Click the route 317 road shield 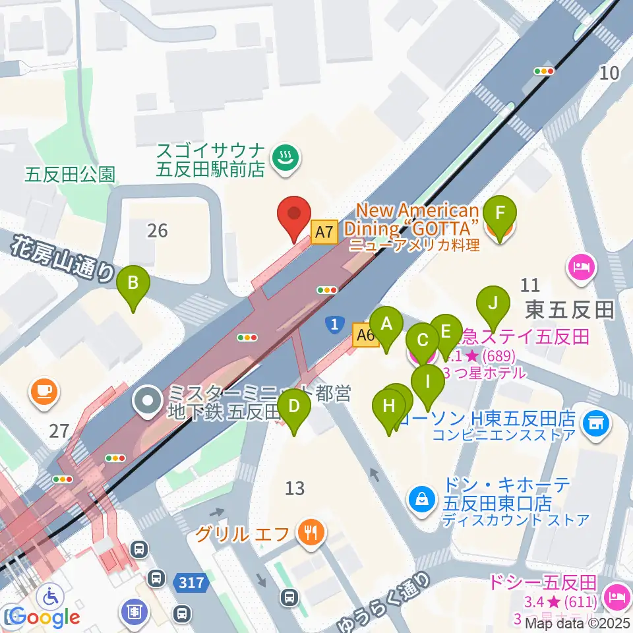point(192,582)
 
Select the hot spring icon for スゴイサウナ point(286,158)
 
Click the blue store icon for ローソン point(597,419)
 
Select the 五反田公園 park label point(70,174)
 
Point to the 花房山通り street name point(63,260)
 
